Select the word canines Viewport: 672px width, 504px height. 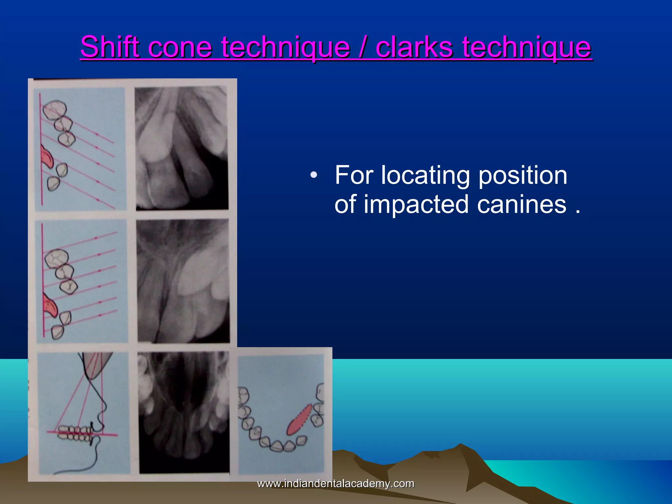tap(522, 204)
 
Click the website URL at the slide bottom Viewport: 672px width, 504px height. tap(335, 484)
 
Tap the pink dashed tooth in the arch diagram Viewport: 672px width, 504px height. tap(299, 420)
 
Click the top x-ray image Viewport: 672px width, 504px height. tap(182, 148)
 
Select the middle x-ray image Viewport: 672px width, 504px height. tap(183, 281)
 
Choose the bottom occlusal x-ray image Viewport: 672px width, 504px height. tap(184, 412)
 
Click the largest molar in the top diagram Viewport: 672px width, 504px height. tap(55, 110)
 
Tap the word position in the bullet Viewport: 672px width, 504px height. tap(522, 176)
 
